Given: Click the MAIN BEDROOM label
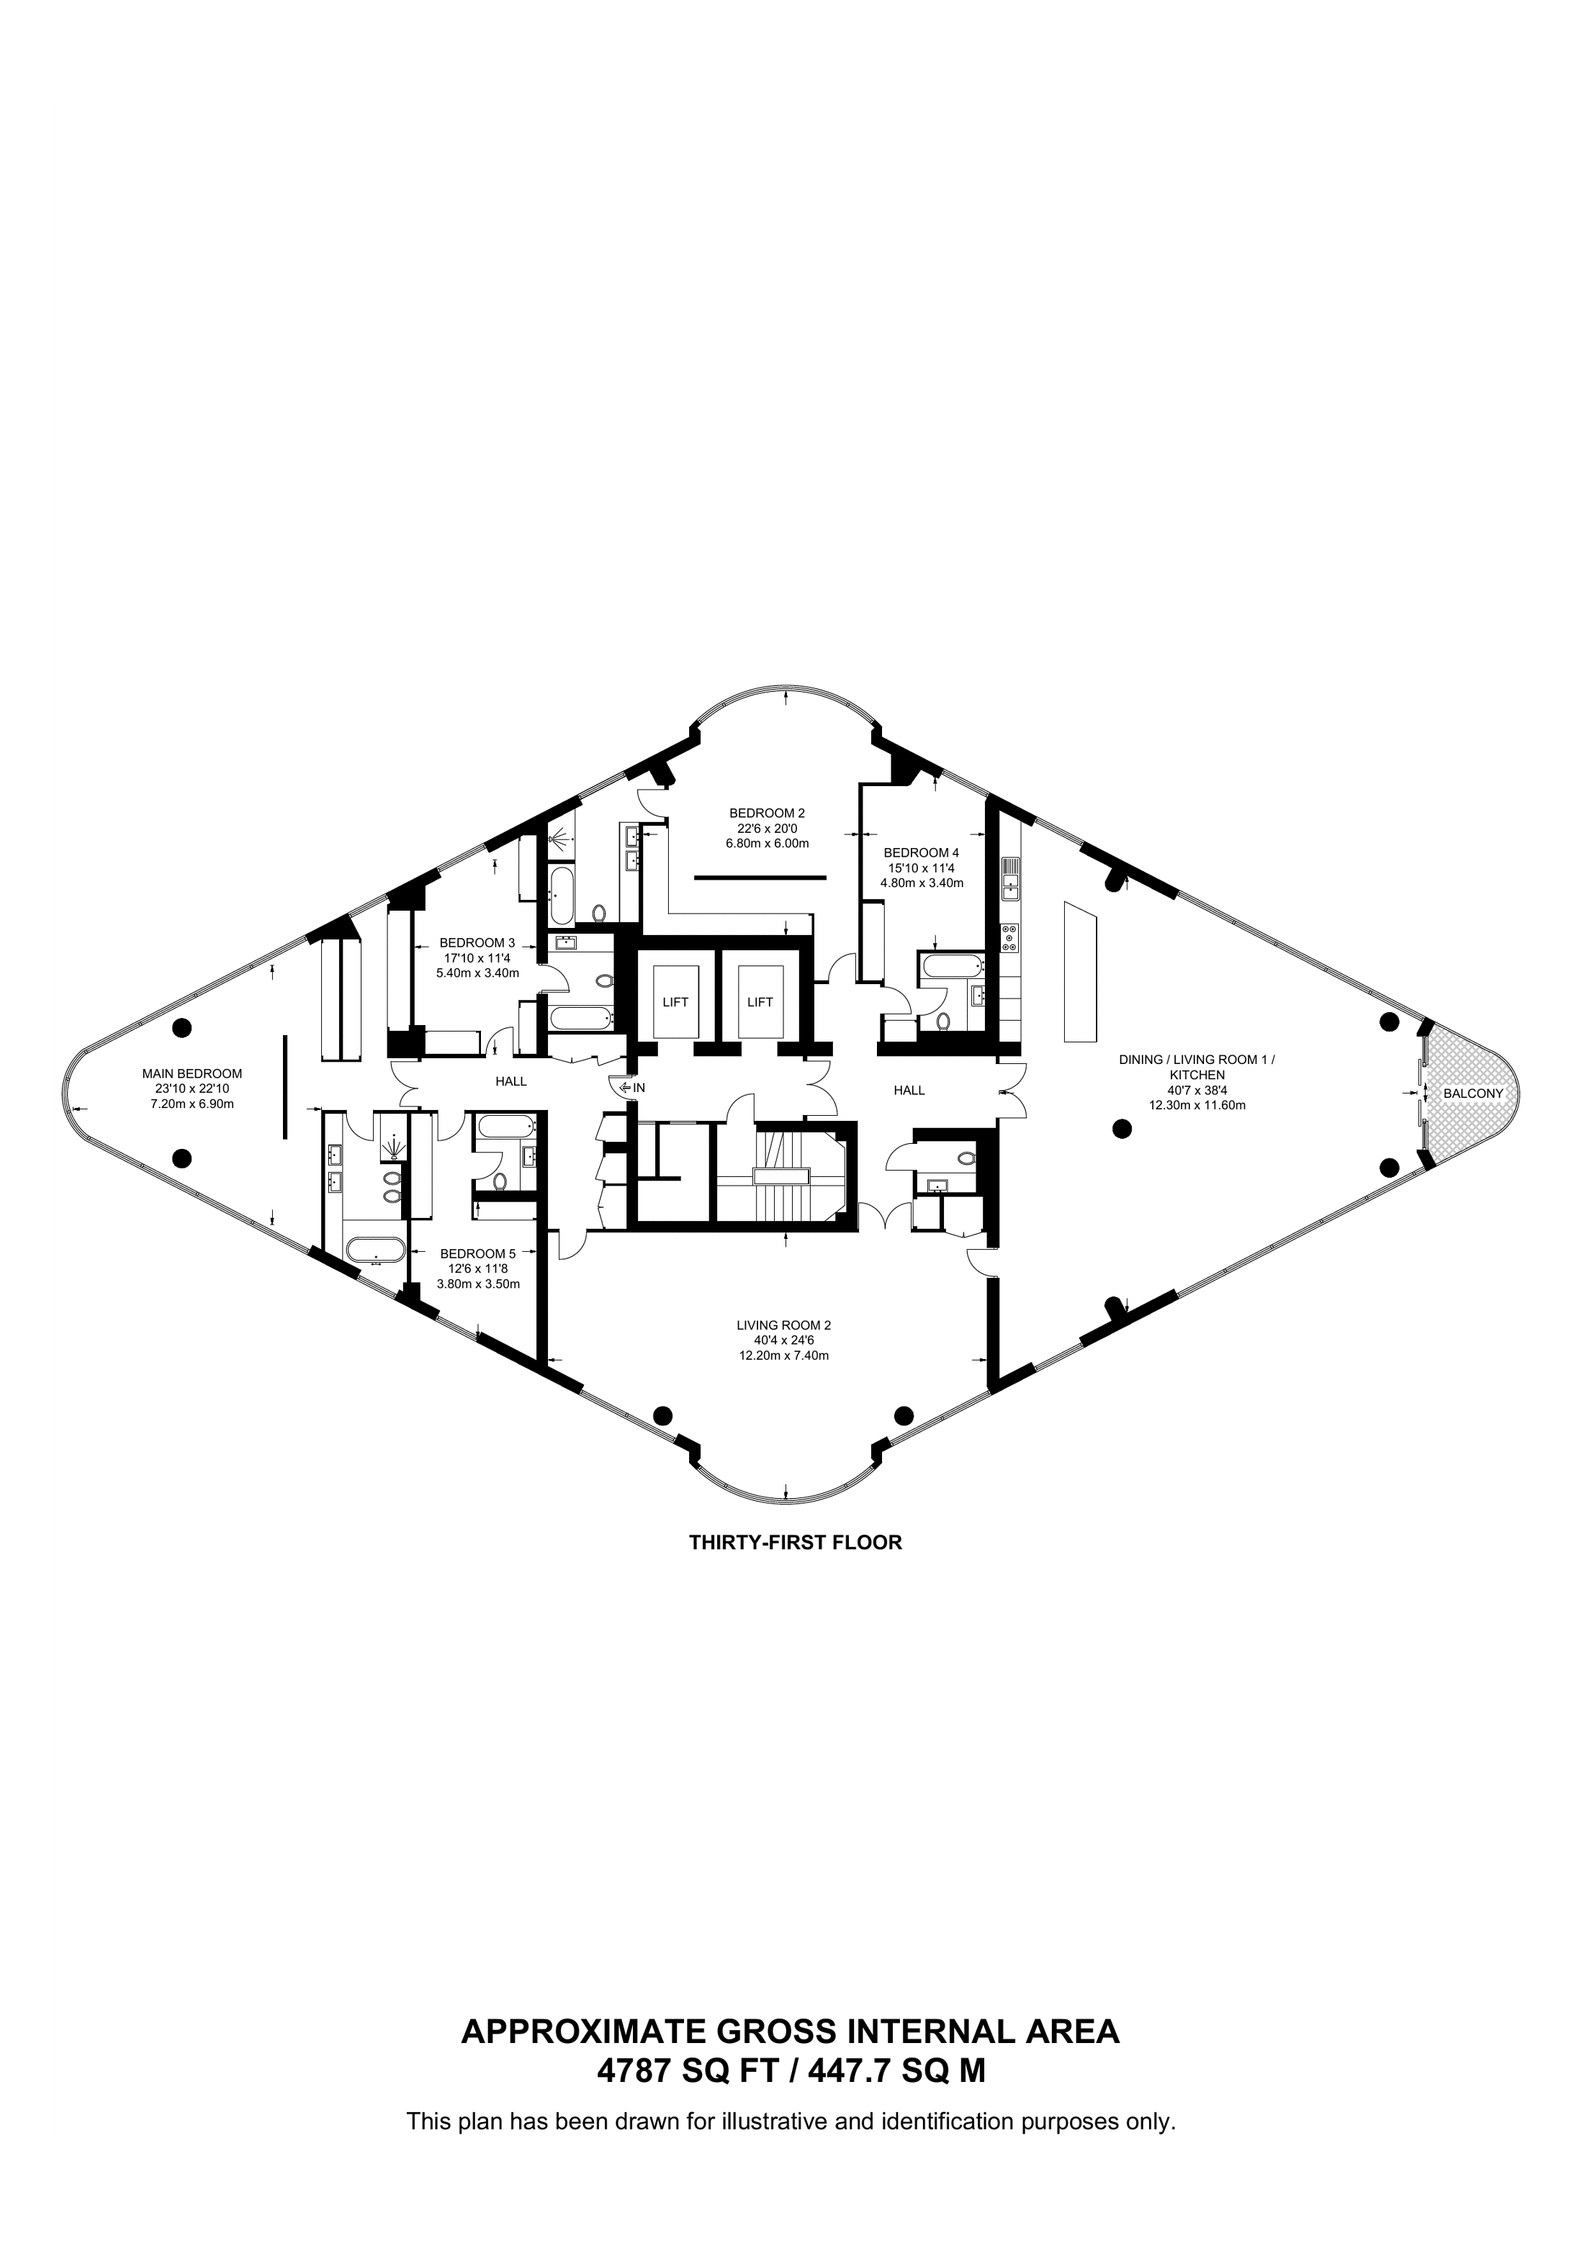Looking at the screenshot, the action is coord(192,1073).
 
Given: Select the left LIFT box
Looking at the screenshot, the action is coord(675,1002).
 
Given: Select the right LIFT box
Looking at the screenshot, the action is coord(760,1002).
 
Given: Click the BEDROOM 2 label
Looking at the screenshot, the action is coord(767,812).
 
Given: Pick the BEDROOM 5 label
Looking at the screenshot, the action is coord(478,1254).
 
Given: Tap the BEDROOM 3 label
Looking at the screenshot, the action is coord(477,943).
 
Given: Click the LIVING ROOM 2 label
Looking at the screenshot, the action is coord(783,1325).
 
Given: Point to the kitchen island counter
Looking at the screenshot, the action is coord(1079,971).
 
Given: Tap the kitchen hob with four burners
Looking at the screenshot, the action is coord(1009,937).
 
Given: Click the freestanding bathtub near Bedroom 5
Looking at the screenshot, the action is coord(375,1251).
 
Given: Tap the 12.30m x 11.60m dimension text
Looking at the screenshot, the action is coord(1197,1106).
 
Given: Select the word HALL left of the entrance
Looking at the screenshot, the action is coord(511,1081).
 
